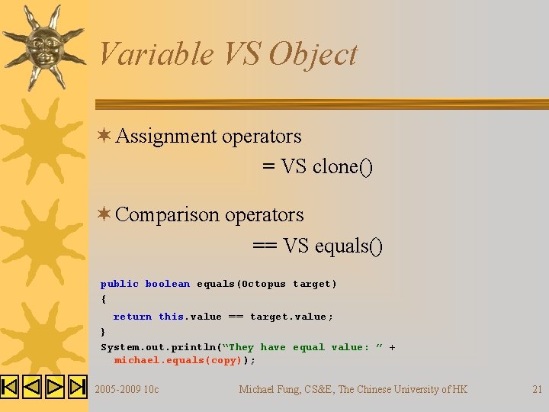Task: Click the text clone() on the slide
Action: coord(343,166)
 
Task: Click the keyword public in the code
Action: coord(120,284)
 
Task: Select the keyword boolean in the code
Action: coord(167,284)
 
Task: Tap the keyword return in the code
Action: coord(133,317)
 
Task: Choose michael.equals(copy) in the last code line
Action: coord(182,360)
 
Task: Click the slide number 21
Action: coord(537,390)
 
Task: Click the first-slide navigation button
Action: coord(9,387)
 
